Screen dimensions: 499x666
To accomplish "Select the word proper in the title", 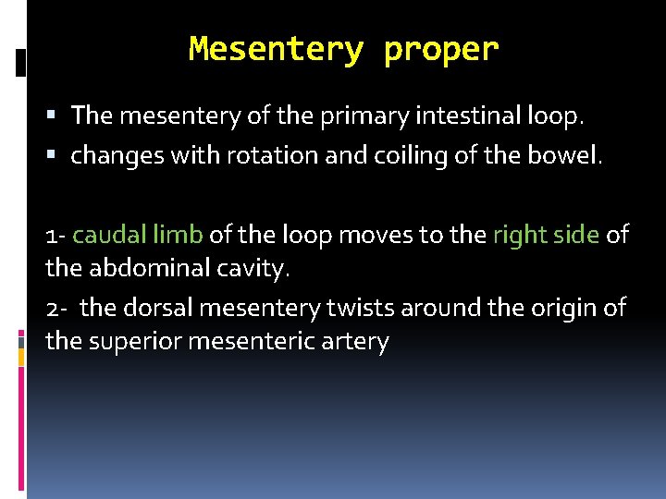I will (441, 50).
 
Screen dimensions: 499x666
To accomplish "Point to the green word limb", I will (178, 235).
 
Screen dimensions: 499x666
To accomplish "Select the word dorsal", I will (151, 306).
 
